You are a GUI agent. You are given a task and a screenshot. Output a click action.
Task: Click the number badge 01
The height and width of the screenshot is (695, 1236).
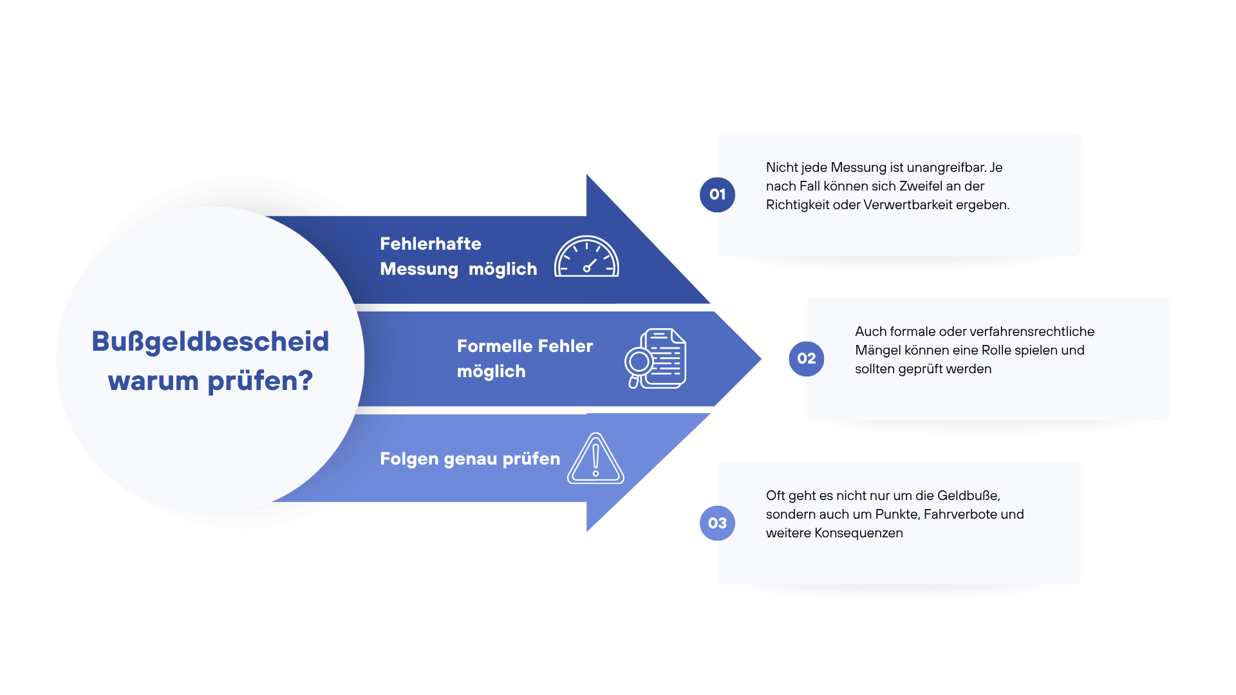tap(717, 194)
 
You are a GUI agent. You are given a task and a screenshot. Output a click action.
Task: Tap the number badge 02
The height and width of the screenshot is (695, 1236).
tap(806, 358)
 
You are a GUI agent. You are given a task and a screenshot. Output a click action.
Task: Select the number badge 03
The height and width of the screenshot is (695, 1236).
tap(717, 523)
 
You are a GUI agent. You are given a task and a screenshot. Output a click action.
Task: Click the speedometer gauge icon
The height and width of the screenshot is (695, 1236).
tap(586, 257)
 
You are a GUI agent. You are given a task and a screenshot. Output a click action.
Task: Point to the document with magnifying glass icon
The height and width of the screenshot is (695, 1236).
tap(655, 358)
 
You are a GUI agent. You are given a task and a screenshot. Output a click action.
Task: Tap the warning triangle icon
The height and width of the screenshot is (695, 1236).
tap(595, 459)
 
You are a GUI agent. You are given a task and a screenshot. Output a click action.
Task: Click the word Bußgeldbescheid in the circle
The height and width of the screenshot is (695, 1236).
tap(210, 342)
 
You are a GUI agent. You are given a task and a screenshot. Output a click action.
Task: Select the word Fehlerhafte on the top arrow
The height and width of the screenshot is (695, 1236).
tap(430, 244)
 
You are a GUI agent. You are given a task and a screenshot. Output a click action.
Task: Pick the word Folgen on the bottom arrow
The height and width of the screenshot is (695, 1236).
tap(409, 459)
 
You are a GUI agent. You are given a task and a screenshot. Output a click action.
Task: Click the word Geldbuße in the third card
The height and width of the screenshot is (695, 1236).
tap(968, 496)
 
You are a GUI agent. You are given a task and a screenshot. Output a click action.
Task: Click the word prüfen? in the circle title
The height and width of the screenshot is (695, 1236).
tap(260, 381)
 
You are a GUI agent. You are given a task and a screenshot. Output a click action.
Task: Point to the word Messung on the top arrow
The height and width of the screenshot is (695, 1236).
tap(418, 269)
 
